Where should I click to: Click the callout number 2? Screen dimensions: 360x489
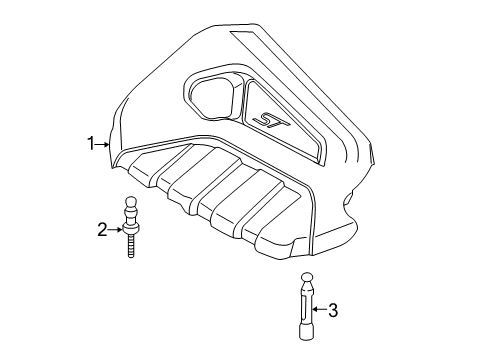click(x=101, y=231)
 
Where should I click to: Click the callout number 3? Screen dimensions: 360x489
click(x=333, y=310)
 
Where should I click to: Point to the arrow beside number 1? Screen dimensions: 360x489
click(x=105, y=145)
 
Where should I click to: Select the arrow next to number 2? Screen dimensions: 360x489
click(x=116, y=231)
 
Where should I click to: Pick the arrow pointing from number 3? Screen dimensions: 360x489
click(x=319, y=310)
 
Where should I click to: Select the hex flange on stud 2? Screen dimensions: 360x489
click(x=131, y=229)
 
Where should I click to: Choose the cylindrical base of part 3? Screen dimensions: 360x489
click(x=305, y=326)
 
